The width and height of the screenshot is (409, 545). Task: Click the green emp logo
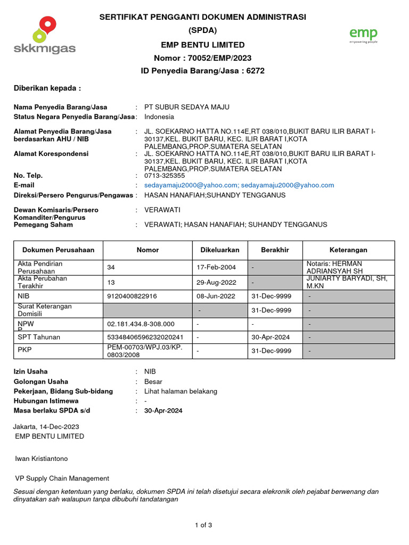tap(363, 36)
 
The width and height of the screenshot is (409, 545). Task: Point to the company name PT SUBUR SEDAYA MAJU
tap(187, 107)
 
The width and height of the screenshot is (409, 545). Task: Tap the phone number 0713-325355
tap(165, 175)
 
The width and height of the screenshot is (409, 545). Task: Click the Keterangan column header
tap(348, 250)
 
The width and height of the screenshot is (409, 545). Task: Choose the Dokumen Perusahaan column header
tap(58, 250)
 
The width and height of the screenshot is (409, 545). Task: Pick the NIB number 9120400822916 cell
tap(132, 296)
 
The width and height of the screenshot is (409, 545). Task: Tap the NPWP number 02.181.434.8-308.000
tap(141, 324)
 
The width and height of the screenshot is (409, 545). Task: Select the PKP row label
tap(24, 351)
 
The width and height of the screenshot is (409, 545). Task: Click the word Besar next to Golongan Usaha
tap(153, 382)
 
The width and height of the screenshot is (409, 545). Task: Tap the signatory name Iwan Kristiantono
tap(42, 458)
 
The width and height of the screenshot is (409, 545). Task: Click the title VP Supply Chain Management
tap(62, 478)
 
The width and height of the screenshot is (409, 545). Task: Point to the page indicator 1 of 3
tap(203, 525)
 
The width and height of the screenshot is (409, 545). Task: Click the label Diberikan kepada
tap(47, 88)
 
